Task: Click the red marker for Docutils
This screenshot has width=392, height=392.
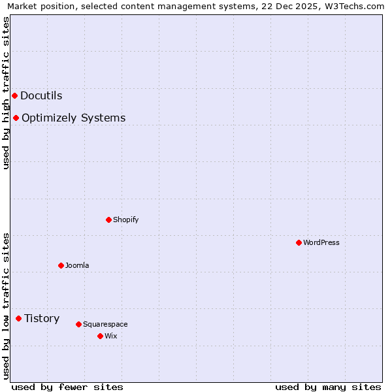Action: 14,96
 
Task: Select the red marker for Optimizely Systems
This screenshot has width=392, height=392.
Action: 16,118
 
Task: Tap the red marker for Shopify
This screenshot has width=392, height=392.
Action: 108,220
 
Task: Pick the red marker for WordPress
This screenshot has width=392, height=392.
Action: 299,242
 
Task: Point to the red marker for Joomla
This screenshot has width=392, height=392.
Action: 61,265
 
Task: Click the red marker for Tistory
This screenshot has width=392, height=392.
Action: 18,319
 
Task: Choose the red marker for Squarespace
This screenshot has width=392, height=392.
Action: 78,324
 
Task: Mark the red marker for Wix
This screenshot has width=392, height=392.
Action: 100,336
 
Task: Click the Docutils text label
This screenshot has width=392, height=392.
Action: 41,96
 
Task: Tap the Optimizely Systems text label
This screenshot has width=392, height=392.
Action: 73,118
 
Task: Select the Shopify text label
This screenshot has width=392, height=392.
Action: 125,220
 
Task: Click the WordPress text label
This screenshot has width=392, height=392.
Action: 321,242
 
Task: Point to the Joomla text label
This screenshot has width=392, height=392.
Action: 77,265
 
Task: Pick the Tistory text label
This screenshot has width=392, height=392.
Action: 42,319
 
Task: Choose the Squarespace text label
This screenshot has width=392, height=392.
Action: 105,324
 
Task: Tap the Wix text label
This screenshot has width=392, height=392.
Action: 110,336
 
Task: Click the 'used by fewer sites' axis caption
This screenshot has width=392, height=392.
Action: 67,387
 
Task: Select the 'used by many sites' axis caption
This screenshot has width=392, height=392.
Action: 328,387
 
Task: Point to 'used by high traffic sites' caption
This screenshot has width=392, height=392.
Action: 6,93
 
